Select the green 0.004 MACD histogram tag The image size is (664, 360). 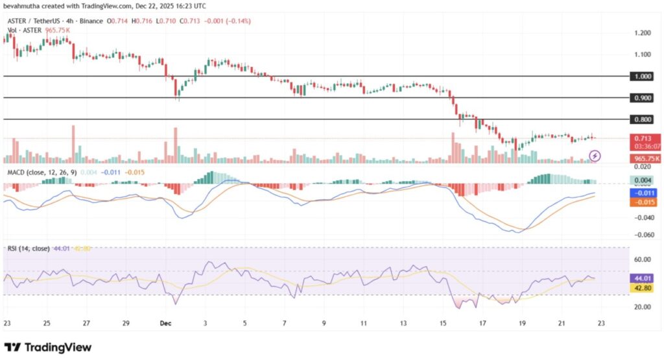tap(645, 180)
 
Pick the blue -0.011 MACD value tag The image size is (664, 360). tap(645, 193)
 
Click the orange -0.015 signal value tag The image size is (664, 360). tap(645, 202)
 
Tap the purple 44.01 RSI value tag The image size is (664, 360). tap(645, 277)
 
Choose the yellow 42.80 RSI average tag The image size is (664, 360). tap(645, 286)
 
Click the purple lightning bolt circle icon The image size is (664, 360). tap(596, 156)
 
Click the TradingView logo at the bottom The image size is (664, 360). tap(48, 347)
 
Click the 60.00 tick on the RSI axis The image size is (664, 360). tap(642, 259)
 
